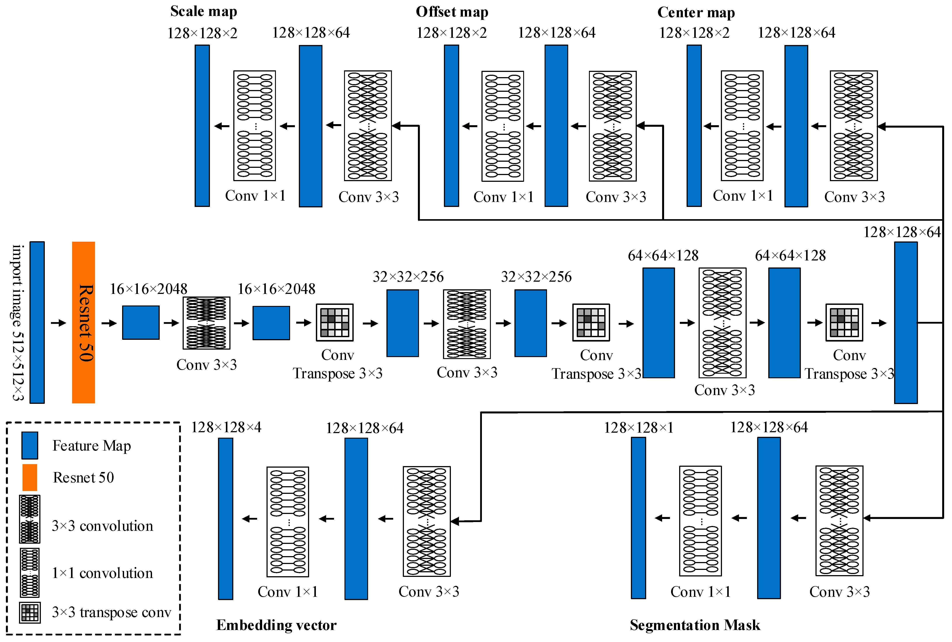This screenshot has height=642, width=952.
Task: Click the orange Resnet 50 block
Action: point(83,322)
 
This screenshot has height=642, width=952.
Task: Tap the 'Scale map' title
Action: point(203,11)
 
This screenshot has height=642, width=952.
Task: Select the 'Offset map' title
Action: point(452,12)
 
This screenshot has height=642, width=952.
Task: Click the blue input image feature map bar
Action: point(37,322)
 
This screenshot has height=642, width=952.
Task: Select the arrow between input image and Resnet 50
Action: point(59,323)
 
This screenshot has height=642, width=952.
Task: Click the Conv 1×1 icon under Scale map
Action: point(254,126)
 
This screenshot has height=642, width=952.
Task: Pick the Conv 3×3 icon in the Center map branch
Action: point(853,126)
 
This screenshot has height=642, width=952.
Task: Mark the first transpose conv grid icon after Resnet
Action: point(334,323)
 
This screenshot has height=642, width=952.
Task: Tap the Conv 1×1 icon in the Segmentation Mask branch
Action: point(700,521)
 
